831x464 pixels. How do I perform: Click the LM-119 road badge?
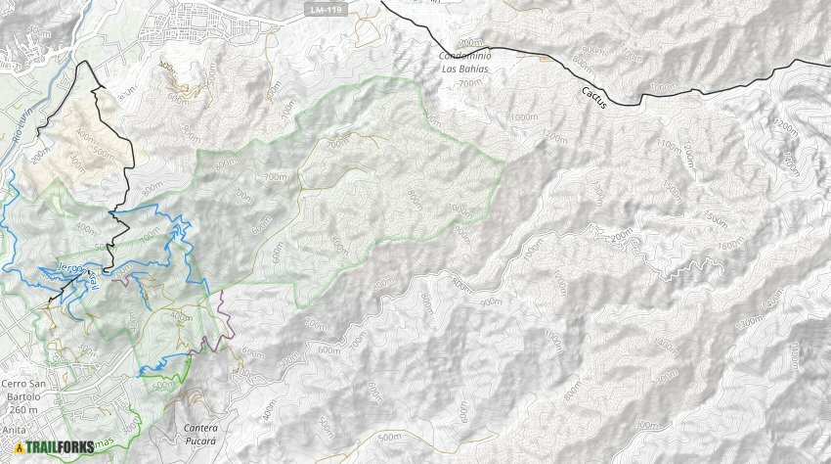[x=325, y=10]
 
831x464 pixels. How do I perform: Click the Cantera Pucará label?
[x=206, y=435]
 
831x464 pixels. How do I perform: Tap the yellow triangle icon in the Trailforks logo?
[x=19, y=448]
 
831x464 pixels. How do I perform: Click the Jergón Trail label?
[x=74, y=273]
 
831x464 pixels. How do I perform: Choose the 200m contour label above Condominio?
[x=470, y=43]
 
